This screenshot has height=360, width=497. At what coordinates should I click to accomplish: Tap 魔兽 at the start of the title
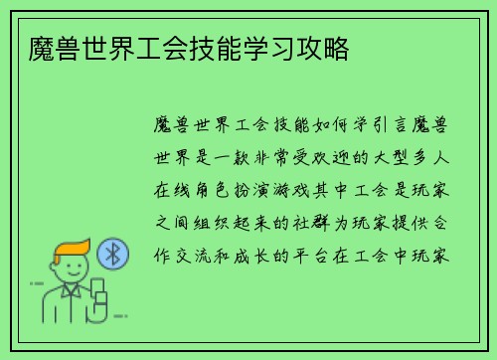44,47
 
